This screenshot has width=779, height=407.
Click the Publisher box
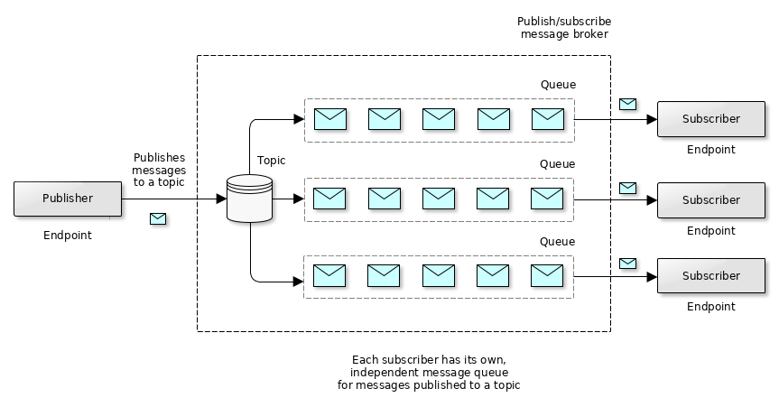[x=68, y=199]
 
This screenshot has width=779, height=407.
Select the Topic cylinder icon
[x=250, y=199]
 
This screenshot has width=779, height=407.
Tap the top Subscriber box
[x=711, y=119]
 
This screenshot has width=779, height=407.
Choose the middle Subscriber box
[x=711, y=199]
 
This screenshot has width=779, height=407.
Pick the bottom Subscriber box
[x=711, y=276]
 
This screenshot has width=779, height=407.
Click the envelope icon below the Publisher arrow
[x=158, y=218]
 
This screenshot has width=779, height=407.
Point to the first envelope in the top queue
[x=330, y=119]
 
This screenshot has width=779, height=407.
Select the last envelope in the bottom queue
[x=547, y=275]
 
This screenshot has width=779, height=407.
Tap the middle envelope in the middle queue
[x=439, y=199]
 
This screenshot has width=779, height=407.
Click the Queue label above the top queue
[x=558, y=85]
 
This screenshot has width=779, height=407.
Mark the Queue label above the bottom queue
[x=557, y=241]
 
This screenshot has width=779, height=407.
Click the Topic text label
[x=271, y=161]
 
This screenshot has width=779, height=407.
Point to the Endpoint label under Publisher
[x=68, y=236]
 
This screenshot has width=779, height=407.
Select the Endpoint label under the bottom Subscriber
[x=711, y=307]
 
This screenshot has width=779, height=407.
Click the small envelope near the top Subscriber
[x=627, y=104]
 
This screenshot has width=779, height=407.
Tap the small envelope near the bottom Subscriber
[x=627, y=264]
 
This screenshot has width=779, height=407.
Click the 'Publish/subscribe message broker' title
[x=564, y=28]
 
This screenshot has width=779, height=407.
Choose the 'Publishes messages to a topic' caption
[x=159, y=170]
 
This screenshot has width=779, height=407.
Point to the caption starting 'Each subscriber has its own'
[x=429, y=373]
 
